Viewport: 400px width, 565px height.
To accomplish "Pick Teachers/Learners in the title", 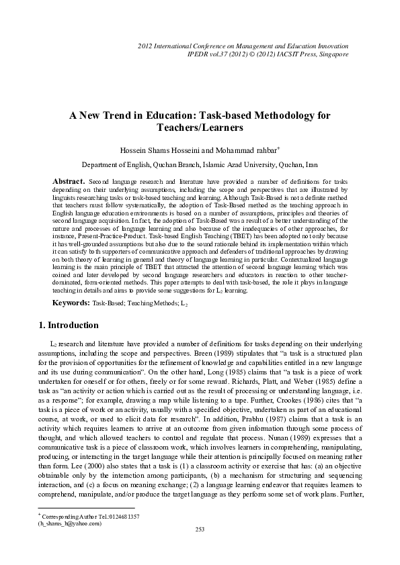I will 199,127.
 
